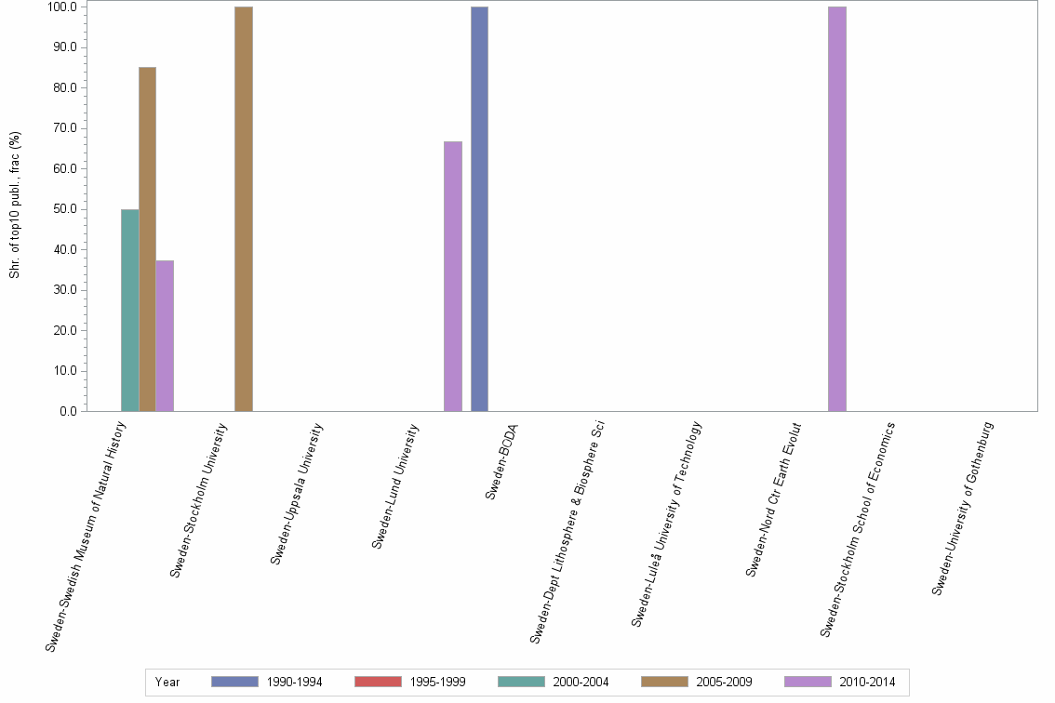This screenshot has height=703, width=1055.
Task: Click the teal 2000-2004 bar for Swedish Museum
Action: [129, 311]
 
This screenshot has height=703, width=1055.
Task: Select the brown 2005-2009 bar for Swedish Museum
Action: [147, 239]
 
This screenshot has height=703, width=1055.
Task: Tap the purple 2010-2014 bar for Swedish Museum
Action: [165, 336]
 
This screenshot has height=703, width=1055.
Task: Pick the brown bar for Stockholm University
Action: [243, 209]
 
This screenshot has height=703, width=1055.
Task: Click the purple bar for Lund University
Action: [452, 276]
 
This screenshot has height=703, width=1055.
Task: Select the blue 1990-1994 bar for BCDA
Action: [479, 209]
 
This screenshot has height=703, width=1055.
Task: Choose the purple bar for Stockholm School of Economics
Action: [837, 209]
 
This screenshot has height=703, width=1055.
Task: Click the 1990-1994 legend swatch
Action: [234, 682]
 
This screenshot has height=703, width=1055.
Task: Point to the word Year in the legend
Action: [167, 682]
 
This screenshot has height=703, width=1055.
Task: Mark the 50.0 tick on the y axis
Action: [67, 209]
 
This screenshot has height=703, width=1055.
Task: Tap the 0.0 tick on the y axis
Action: [70, 411]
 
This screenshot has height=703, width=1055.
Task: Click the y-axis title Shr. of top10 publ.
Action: [15, 205]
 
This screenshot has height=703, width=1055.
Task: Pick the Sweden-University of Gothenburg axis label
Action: [963, 508]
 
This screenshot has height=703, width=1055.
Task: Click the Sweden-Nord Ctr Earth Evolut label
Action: [773, 499]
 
